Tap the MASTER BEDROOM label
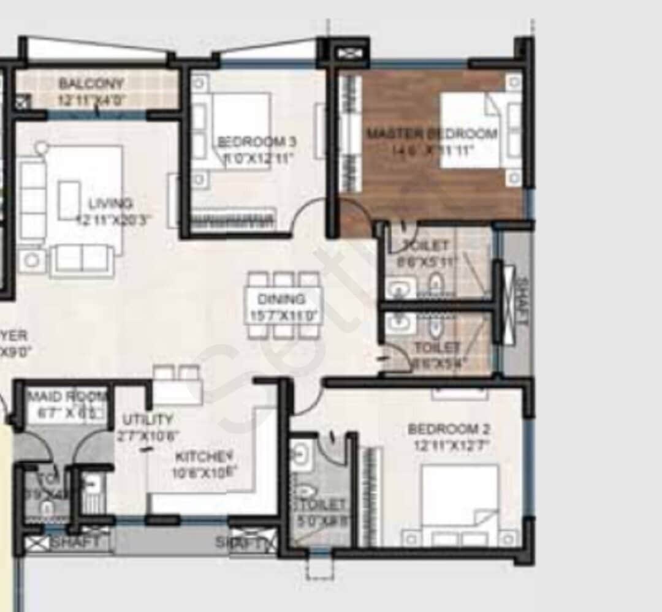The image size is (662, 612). tap(432, 134)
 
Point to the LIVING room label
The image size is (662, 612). tap(110, 203)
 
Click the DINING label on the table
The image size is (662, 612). tap(281, 300)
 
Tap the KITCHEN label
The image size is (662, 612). tap(204, 457)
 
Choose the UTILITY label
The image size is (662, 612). tap(147, 420)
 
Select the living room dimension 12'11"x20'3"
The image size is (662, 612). tap(113, 218)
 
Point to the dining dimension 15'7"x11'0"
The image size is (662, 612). tap(282, 317)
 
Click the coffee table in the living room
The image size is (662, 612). tap(69, 200)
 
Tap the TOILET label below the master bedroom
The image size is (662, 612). tap(427, 246)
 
